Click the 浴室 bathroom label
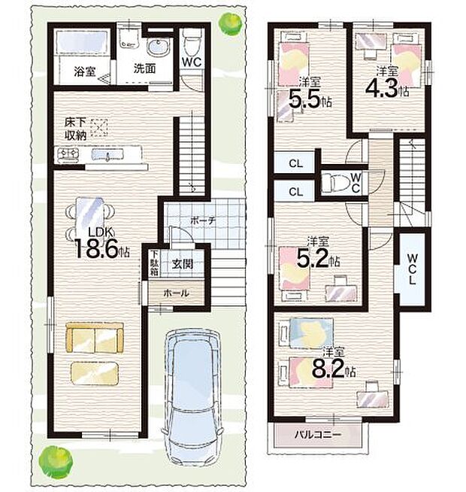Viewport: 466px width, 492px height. [x=85, y=71]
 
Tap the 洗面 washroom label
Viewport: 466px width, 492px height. [x=144, y=68]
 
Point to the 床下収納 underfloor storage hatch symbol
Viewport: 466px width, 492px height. [x=98, y=128]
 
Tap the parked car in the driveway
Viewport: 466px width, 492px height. [x=192, y=399]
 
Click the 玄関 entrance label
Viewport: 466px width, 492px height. [x=182, y=264]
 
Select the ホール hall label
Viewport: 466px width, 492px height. [x=176, y=293]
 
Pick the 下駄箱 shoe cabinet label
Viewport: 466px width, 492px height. [x=153, y=263]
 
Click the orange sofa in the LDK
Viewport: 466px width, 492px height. [x=95, y=338]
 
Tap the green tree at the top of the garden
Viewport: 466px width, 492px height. [x=232, y=23]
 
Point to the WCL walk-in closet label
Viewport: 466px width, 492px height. [x=413, y=269]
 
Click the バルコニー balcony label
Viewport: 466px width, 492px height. [x=317, y=435]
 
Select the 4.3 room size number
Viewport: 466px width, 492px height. [x=382, y=88]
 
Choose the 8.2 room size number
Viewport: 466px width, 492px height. [x=328, y=368]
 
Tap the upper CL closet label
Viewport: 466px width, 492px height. [x=296, y=163]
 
